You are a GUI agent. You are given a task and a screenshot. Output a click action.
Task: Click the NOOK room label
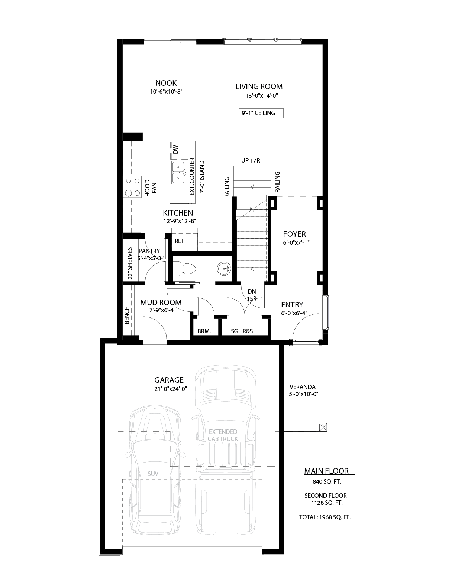pyautogui.click(x=166, y=83)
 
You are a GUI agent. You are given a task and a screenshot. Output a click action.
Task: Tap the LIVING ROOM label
pyautogui.click(x=259, y=86)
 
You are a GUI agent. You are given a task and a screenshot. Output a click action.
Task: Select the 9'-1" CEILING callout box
pyautogui.click(x=261, y=113)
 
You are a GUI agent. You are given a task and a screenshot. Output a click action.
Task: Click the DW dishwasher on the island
pyautogui.click(x=175, y=149)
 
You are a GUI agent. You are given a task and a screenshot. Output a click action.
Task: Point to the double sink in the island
pyautogui.click(x=179, y=173)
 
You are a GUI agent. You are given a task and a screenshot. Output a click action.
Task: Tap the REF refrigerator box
pyautogui.click(x=180, y=241)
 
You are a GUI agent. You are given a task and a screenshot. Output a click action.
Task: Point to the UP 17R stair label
pyautogui.click(x=251, y=161)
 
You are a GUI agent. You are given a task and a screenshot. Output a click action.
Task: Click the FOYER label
pyautogui.click(x=294, y=234)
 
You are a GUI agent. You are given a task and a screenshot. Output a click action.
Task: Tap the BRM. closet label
pyautogui.click(x=204, y=331)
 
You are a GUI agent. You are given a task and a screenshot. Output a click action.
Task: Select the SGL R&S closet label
pyautogui.click(x=242, y=331)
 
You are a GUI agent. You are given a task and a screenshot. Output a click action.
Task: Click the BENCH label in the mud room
pyautogui.click(x=127, y=315)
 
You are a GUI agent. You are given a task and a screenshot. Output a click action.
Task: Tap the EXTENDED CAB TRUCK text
pyautogui.click(x=223, y=435)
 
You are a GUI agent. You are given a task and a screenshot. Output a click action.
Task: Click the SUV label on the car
pyautogui.click(x=153, y=474)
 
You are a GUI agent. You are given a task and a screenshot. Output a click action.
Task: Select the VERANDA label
pyautogui.click(x=303, y=387)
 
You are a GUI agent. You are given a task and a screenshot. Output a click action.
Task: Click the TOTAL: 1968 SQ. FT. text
pyautogui.click(x=325, y=517)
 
